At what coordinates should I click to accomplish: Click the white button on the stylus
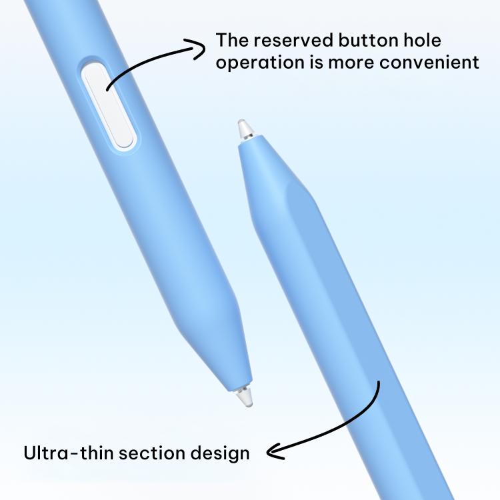(x=107, y=105)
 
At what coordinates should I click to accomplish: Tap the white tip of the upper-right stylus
(x=245, y=129)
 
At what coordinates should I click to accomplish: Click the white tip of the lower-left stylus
(x=245, y=397)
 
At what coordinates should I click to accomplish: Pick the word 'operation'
(x=260, y=63)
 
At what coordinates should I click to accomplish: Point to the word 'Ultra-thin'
(x=69, y=453)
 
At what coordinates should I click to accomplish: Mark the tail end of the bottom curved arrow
(x=379, y=381)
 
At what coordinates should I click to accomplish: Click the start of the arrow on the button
(x=107, y=90)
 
